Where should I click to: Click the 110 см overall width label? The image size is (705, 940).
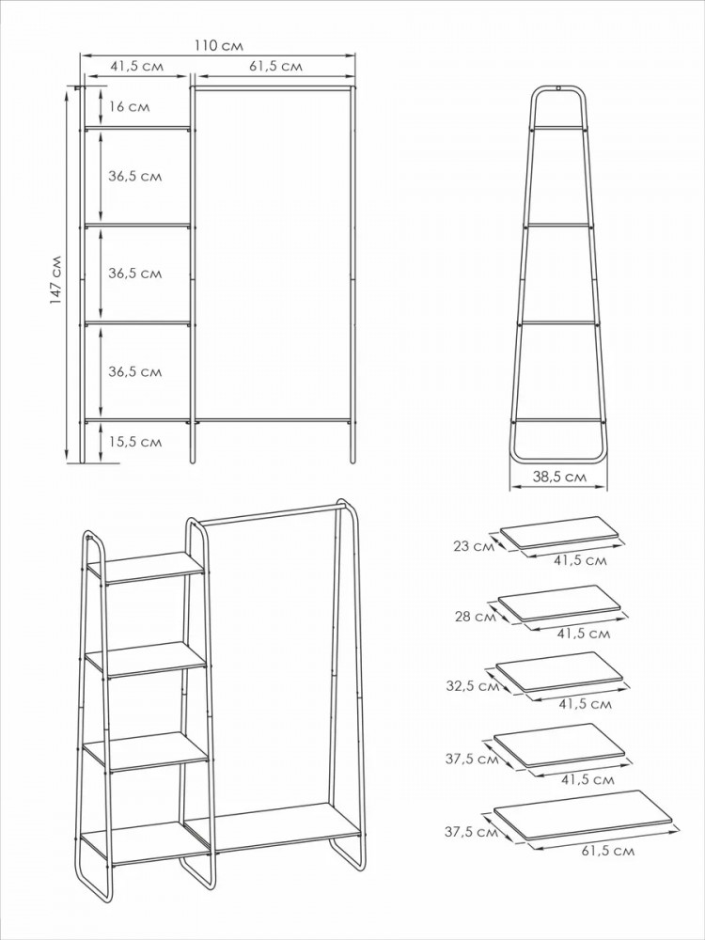tap(219, 45)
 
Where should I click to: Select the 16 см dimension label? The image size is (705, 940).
tap(130, 107)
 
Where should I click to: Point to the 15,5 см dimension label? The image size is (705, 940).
tap(134, 442)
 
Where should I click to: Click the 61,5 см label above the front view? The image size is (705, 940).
tap(275, 66)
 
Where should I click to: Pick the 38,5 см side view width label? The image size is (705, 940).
tap(559, 478)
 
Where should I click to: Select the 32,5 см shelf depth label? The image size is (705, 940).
tap(473, 686)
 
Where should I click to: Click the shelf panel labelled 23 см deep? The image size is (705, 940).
tap(559, 532)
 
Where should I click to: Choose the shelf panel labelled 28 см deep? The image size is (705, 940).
tap(559, 603)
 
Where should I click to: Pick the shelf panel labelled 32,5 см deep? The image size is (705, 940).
tap(559, 672)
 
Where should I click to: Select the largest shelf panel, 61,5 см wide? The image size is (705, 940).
tap(575, 815)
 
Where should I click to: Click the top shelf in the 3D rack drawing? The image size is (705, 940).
tap(147, 568)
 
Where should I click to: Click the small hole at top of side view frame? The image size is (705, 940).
tap(558, 89)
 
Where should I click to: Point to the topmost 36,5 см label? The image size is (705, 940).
tap(134, 177)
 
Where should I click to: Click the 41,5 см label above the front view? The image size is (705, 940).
tap(136, 66)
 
